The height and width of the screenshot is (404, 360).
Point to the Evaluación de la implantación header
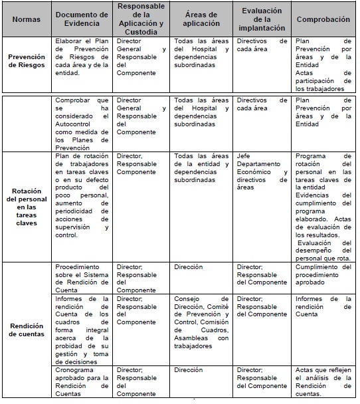262,19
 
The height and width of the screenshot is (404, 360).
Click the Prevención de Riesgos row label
27,61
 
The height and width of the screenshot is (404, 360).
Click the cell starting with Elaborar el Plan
81,56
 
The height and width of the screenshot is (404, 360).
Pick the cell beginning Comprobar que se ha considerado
81,123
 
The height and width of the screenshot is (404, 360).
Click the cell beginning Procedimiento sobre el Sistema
81,278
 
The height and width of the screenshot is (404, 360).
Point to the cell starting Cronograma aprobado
81,381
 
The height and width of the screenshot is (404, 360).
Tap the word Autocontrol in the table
76,133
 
